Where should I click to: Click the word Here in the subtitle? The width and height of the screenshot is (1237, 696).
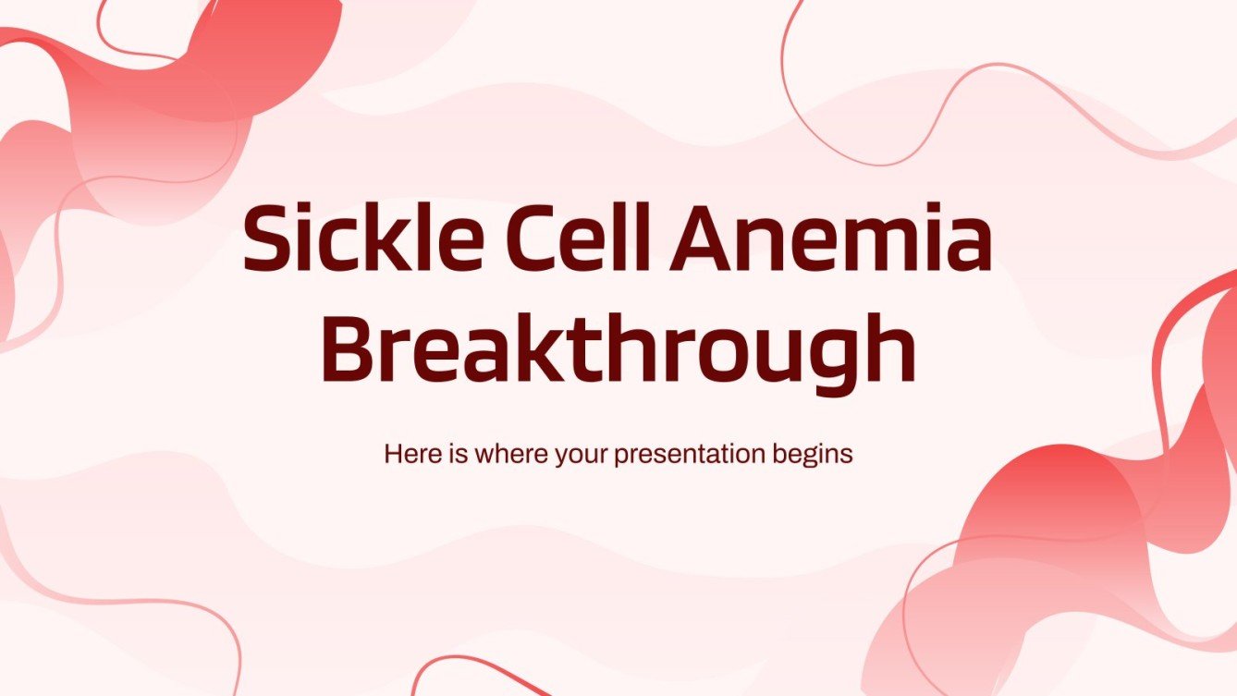408,455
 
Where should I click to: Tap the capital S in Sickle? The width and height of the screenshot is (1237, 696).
267,238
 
